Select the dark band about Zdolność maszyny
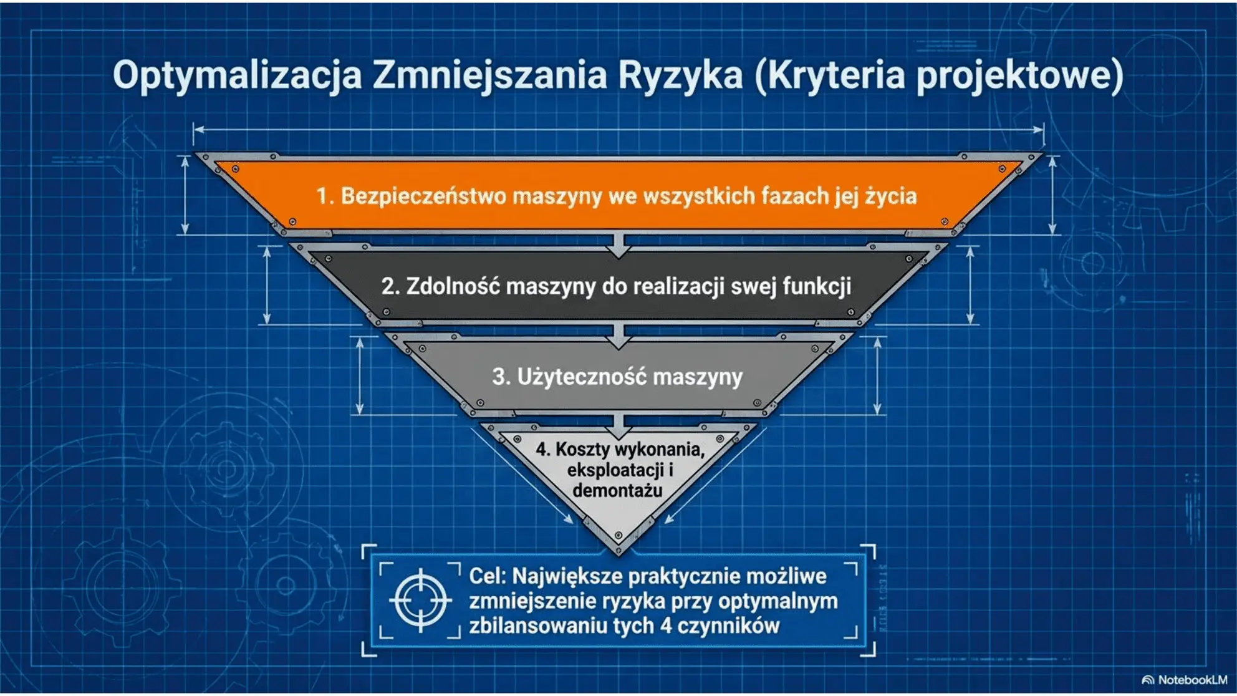617,286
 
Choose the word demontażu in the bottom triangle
617,491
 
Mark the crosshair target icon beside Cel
420,601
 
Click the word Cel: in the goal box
488,576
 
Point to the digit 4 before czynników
666,626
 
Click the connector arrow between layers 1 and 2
619,244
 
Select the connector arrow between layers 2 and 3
619,336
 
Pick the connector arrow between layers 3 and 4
619,426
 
